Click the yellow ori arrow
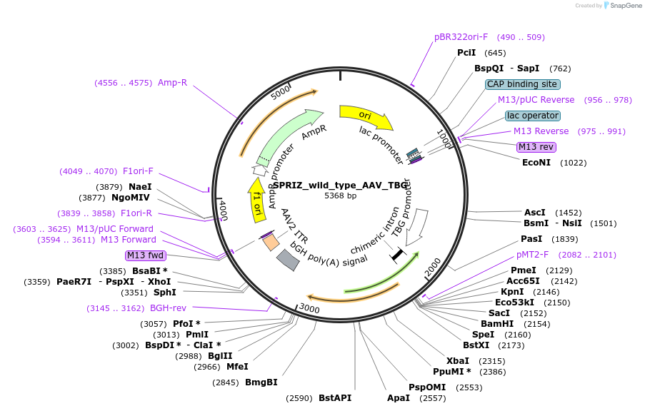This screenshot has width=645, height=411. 364,116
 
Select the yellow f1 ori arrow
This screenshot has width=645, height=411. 257,201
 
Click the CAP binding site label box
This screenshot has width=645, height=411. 522,84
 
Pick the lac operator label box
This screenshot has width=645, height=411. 533,116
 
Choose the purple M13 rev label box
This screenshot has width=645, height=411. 536,147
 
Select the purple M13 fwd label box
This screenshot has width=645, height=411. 145,255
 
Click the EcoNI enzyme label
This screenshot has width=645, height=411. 536,163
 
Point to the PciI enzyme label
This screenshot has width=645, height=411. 466,53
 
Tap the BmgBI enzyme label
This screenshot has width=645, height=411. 261,382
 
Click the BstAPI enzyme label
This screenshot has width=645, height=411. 335,398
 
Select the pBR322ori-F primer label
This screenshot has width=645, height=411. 461,37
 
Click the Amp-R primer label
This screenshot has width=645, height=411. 172,83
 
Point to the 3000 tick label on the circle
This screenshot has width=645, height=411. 309,308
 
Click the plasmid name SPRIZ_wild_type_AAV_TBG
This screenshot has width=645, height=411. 340,186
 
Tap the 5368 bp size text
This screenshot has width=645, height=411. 340,196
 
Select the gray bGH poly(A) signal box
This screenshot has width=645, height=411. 288,260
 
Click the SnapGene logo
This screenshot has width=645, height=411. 622,5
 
